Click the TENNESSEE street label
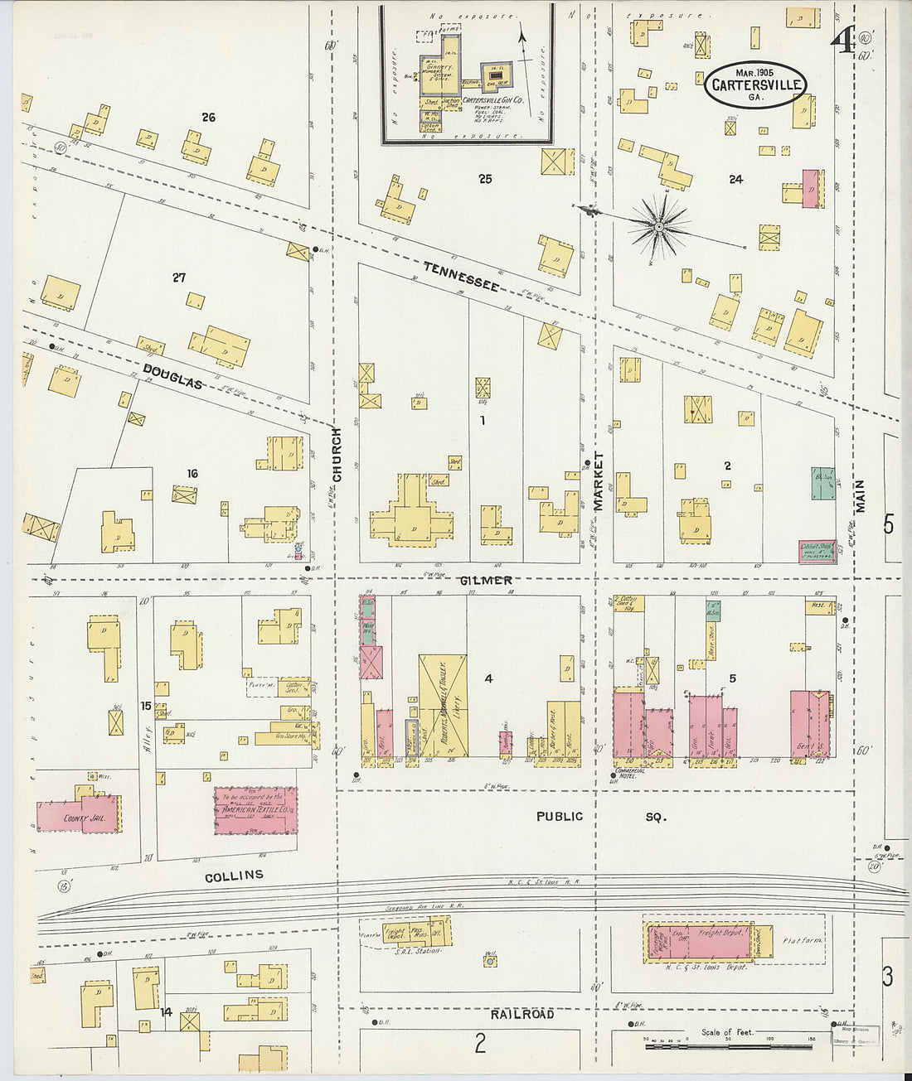(x=461, y=275)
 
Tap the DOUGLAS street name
(x=172, y=375)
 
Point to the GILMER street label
(x=485, y=581)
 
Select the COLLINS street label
(x=234, y=876)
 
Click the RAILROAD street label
(x=521, y=1014)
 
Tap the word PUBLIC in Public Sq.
(x=559, y=816)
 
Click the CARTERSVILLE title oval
(x=756, y=84)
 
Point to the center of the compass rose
(x=658, y=224)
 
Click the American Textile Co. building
(x=255, y=810)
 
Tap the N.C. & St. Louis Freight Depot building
(x=709, y=941)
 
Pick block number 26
(x=208, y=118)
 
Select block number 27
(x=179, y=277)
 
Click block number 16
(x=192, y=474)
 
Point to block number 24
(x=735, y=179)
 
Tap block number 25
(x=485, y=178)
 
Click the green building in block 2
(x=822, y=484)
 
